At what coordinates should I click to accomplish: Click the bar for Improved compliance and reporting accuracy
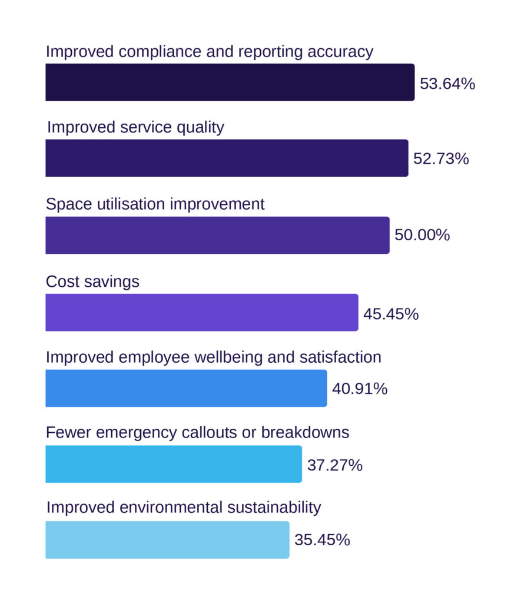click(230, 82)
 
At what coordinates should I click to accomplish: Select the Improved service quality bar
click(227, 158)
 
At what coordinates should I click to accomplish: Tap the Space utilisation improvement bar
click(217, 235)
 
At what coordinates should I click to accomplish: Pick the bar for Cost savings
click(201, 312)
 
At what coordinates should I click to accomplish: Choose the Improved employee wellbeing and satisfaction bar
click(186, 388)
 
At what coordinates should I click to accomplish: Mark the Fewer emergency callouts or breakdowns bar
click(174, 464)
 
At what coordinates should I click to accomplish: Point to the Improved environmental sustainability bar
click(167, 539)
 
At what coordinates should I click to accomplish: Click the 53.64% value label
click(447, 84)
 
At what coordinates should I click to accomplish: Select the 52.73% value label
click(441, 159)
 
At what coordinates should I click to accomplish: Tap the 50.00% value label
click(422, 236)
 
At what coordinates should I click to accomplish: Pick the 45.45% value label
click(391, 314)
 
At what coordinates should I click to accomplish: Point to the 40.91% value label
click(360, 389)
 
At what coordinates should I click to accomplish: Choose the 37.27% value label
click(334, 465)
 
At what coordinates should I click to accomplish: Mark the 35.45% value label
click(322, 540)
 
